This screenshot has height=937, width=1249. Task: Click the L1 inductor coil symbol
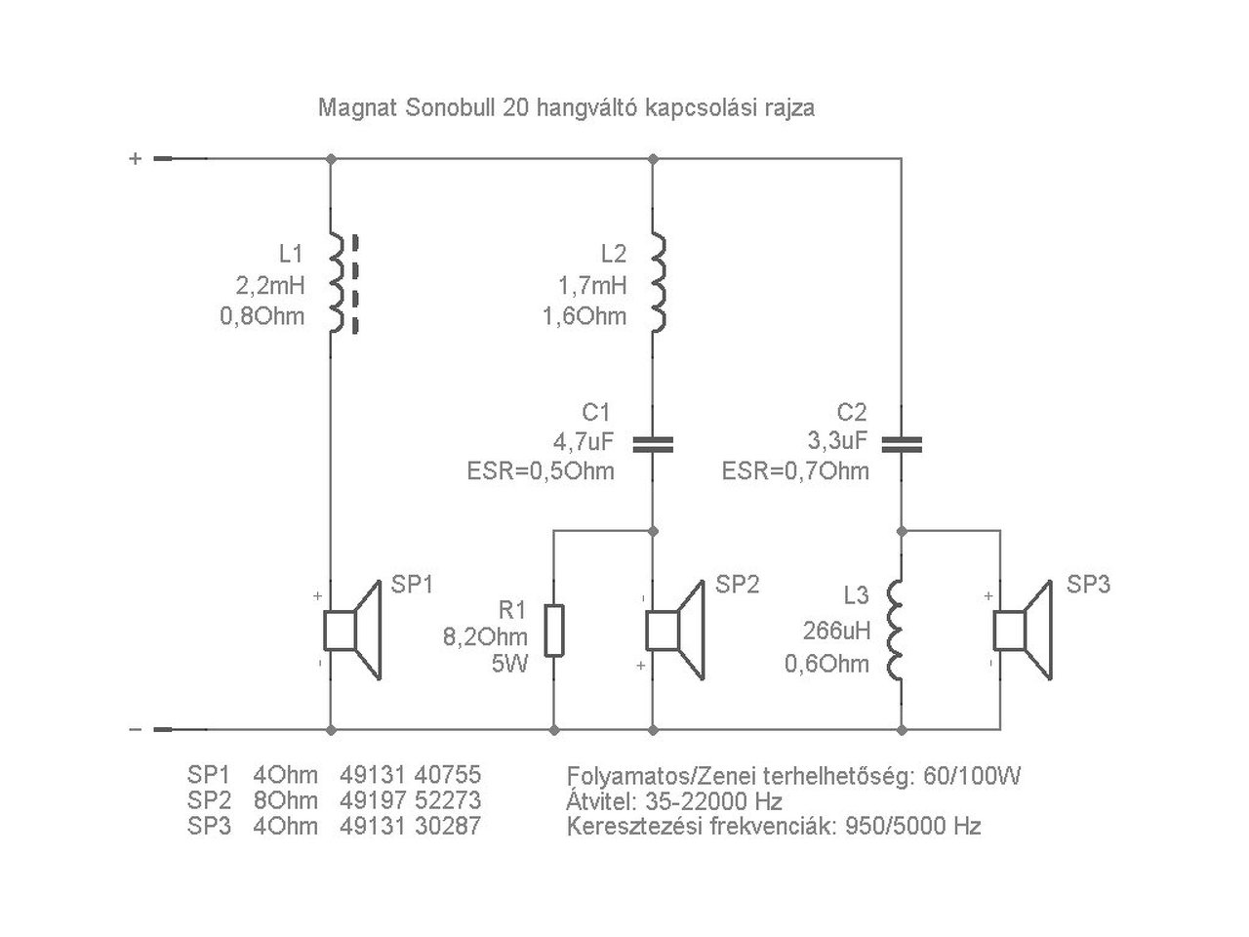(336, 284)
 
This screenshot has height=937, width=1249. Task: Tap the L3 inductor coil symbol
(896, 631)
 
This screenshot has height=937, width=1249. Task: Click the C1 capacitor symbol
(653, 445)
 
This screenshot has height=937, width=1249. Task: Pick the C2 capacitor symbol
(903, 445)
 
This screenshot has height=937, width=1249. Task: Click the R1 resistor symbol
(554, 630)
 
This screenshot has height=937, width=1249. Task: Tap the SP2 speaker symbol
(675, 630)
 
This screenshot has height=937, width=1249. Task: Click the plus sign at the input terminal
(136, 158)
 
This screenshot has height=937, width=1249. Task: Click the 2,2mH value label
(269, 285)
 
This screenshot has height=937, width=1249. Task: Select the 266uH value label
(836, 631)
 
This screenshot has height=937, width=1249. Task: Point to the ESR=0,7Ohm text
(795, 472)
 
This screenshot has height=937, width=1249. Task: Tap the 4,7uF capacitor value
(584, 441)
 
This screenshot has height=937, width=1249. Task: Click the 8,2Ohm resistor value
(485, 637)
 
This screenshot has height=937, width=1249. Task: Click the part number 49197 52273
(411, 800)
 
